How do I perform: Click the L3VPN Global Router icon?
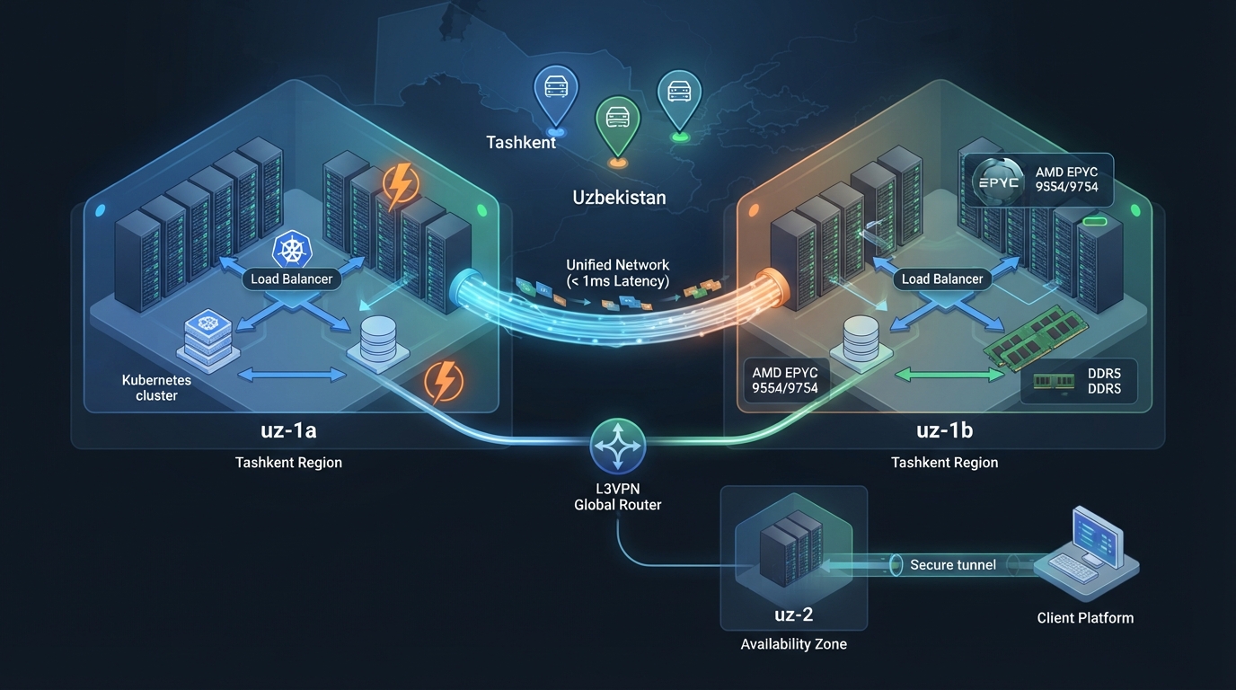click(617, 446)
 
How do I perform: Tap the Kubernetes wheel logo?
click(292, 250)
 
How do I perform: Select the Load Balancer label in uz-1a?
click(291, 279)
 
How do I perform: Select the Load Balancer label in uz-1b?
click(942, 279)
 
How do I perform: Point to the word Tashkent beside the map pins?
click(520, 143)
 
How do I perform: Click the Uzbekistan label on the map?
click(619, 197)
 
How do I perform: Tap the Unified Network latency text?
click(617, 273)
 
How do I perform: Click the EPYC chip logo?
click(998, 181)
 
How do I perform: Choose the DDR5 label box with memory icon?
click(1078, 381)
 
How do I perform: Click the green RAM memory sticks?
click(1035, 337)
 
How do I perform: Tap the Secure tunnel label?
click(953, 565)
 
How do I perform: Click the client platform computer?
click(1087, 553)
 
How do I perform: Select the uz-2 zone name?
click(793, 615)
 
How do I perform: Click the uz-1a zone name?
click(288, 430)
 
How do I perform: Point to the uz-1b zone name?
click(945, 430)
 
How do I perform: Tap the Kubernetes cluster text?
click(156, 387)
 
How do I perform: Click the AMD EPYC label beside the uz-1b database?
click(785, 380)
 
